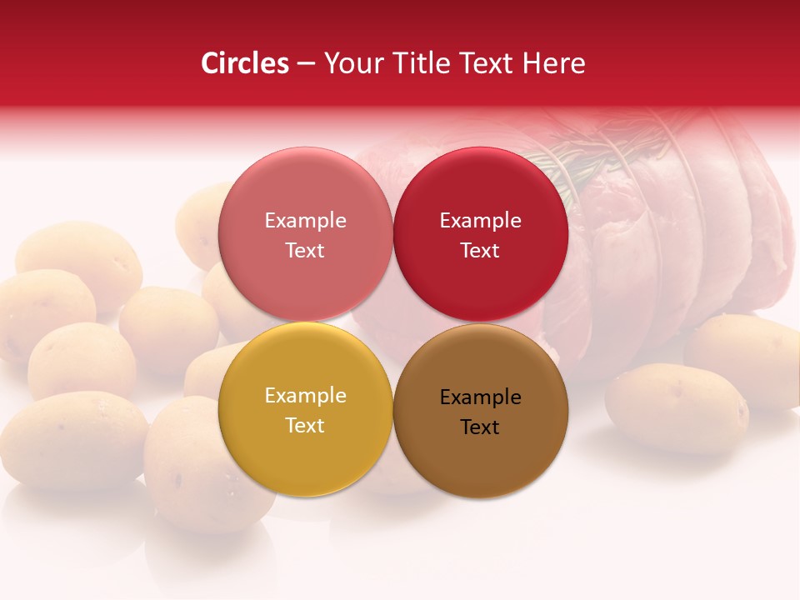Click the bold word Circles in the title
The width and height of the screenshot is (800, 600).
(x=245, y=63)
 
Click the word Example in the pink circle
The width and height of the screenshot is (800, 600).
(x=305, y=220)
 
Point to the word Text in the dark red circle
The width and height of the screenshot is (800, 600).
(x=480, y=250)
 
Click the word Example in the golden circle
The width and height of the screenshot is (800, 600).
(x=305, y=395)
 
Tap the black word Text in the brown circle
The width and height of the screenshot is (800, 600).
(x=480, y=427)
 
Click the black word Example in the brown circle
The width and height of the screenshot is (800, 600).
(x=480, y=397)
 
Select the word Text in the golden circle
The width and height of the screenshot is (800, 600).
(x=305, y=425)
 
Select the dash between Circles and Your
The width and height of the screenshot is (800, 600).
(x=306, y=63)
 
